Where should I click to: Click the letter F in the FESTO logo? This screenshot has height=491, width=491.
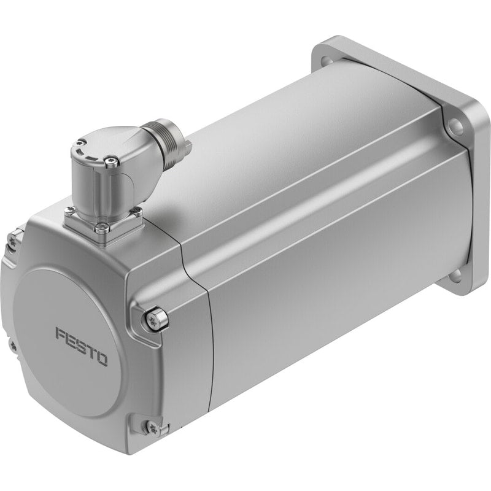61,334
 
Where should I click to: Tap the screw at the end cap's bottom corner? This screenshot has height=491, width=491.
152,428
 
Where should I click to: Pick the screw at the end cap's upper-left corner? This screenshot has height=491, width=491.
14,240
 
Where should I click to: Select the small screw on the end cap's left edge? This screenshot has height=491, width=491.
13,346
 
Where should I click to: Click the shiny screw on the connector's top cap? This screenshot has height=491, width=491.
111,162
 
